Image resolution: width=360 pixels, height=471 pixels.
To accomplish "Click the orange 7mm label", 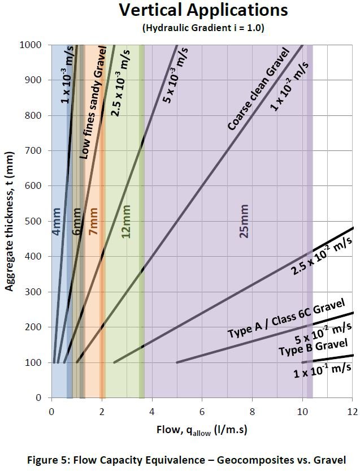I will [93, 222].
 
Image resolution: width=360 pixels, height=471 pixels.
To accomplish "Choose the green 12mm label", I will [127, 224].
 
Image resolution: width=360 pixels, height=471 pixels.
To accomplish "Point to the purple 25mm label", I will [244, 224].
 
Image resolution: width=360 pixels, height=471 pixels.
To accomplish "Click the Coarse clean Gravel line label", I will [258, 89].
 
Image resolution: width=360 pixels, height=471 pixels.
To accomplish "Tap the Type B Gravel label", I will [319, 349].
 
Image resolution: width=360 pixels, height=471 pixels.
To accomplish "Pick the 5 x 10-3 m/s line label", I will [176, 75].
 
